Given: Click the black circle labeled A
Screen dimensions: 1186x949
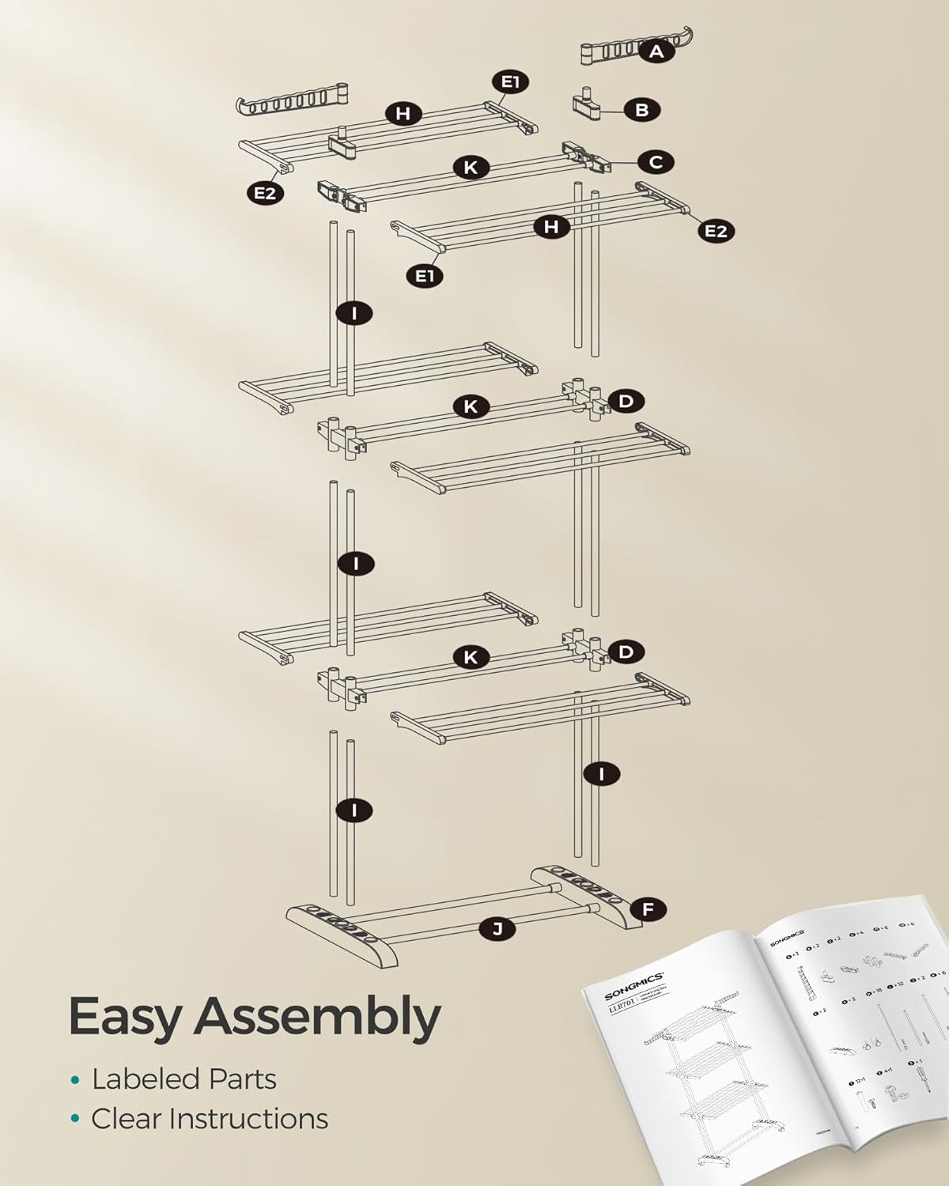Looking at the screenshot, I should tap(656, 52).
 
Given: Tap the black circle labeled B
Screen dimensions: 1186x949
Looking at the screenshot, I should tap(641, 110).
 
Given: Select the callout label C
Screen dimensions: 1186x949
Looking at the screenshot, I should tap(656, 162).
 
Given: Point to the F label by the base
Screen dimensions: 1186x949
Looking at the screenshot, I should tap(648, 910).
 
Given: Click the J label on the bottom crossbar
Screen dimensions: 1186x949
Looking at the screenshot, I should tap(497, 929).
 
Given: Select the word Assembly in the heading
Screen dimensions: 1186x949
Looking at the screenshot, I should tap(316, 1018).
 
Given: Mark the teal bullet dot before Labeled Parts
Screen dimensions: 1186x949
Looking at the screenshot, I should tap(75, 1080).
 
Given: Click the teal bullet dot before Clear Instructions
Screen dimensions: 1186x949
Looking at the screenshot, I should tap(75, 1120).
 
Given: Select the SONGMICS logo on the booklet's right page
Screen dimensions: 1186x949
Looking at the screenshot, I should tap(788, 934).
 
